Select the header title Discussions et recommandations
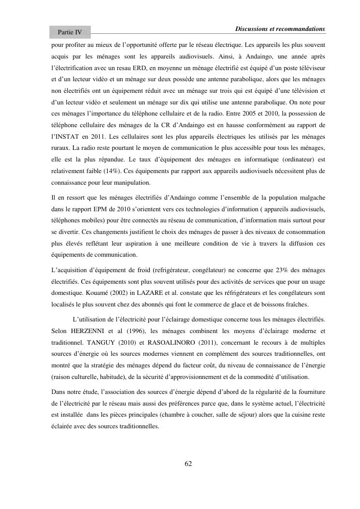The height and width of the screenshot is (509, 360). [280, 29]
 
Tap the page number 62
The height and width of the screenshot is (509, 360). [188, 464]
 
